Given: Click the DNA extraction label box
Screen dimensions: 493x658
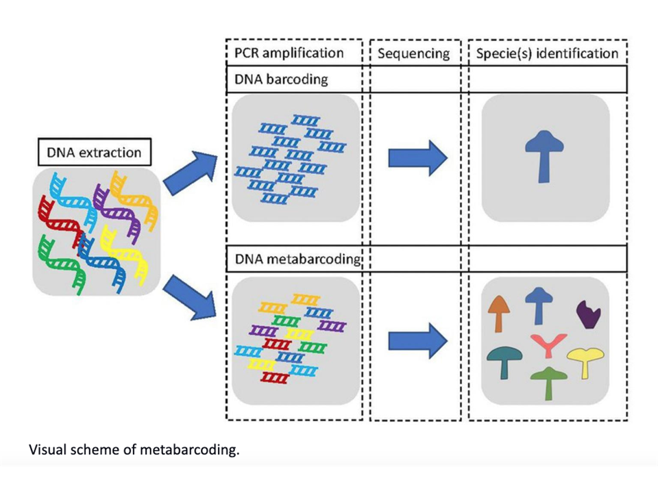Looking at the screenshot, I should point(94,153).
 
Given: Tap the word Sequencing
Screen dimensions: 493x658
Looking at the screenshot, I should point(414,53).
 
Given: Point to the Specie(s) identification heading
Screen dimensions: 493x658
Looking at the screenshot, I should point(546,53).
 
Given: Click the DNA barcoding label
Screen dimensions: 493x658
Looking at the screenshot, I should point(282,79).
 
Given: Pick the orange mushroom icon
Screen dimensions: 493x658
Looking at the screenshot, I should point(500,312).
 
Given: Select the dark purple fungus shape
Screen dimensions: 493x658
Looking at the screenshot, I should point(588,314).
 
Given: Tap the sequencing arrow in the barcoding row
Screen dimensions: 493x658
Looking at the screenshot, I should point(417,157).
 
